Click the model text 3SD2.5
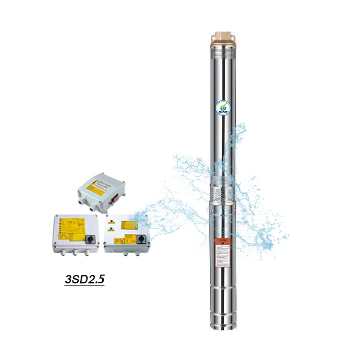pyautogui.click(x=84, y=278)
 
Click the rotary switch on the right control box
pyautogui.click(x=142, y=239)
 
